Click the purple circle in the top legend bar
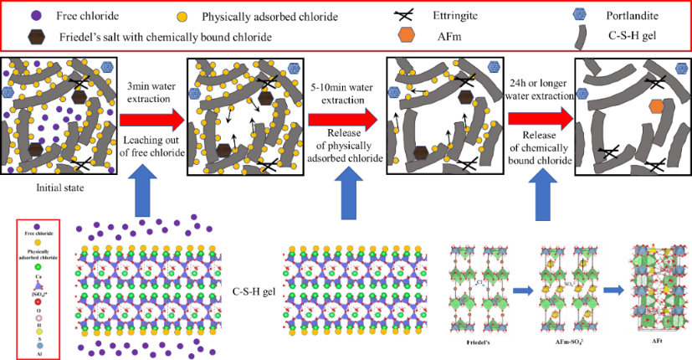click(x=36, y=15)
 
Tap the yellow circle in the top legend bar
click(x=182, y=17)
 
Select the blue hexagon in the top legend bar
click(x=579, y=13)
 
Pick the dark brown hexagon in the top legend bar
click(x=36, y=37)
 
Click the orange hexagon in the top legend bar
click(x=406, y=34)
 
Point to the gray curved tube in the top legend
click(x=580, y=37)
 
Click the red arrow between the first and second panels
click(x=151, y=120)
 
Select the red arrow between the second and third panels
click(x=341, y=120)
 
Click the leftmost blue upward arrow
click(x=142, y=191)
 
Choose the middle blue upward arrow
click(x=348, y=193)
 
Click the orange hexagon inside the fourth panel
click(x=656, y=106)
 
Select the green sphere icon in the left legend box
click(x=38, y=267)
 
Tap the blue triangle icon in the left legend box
click(x=38, y=285)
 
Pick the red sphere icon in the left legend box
click(x=38, y=301)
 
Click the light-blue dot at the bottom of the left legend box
click(x=38, y=346)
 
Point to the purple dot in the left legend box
click(x=37, y=227)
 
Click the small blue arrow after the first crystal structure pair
click(x=524, y=291)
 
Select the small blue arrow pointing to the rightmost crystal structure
click(x=613, y=291)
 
